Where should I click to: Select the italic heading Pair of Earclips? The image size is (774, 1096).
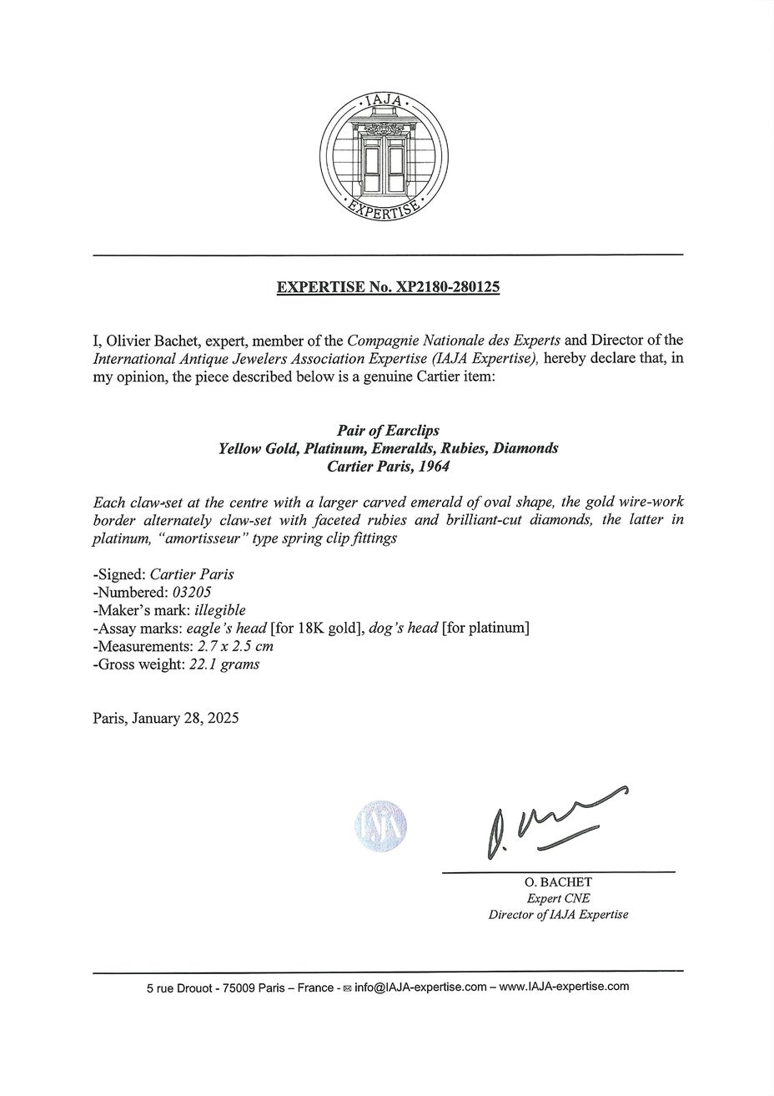(388, 431)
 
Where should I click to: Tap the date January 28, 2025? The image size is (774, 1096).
(185, 718)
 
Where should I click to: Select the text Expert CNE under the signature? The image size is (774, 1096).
(558, 898)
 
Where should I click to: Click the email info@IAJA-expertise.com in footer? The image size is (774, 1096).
(420, 987)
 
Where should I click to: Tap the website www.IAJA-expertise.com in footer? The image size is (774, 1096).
(564, 987)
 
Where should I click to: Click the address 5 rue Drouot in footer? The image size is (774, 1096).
(178, 987)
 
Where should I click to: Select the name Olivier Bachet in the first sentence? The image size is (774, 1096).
(146, 341)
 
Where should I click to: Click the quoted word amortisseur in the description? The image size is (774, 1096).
(195, 538)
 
